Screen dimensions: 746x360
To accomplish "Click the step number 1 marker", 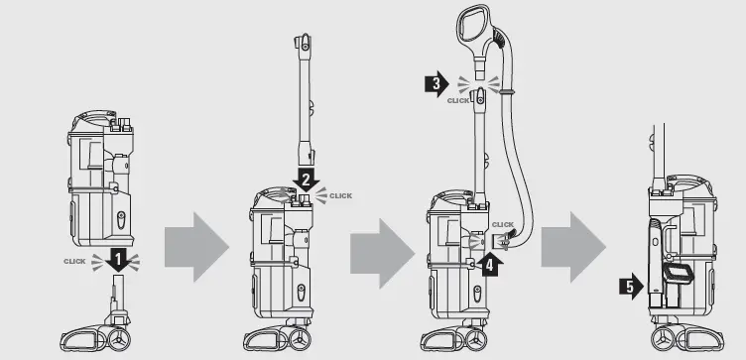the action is pyautogui.click(x=119, y=261).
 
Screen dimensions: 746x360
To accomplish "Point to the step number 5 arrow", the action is pyautogui.click(x=629, y=289).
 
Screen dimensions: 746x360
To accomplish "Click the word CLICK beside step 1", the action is pyautogui.click(x=75, y=261).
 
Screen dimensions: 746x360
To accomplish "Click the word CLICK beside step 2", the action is pyautogui.click(x=340, y=195).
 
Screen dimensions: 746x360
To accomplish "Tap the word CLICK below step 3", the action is pyautogui.click(x=458, y=101).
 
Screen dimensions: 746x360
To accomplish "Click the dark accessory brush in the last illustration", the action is pyautogui.click(x=680, y=272).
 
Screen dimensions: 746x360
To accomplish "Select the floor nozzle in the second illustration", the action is pyautogui.click(x=288, y=336).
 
